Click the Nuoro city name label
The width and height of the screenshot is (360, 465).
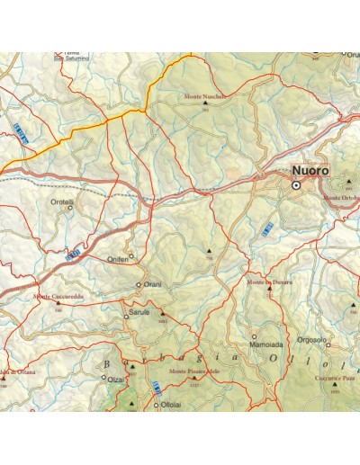tap(310, 171)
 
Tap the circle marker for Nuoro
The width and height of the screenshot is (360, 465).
tap(296, 185)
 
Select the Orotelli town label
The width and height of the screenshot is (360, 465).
tap(62, 201)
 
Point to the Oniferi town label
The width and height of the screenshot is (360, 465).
tap(119, 258)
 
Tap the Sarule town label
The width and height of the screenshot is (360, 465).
tap(138, 314)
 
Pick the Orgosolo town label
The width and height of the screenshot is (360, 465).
tap(310, 340)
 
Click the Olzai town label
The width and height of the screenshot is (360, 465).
tap(115, 380)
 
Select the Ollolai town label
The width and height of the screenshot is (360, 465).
tap(170, 405)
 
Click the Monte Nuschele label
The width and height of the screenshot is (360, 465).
tap(203, 95)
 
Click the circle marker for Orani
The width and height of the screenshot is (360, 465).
tap(139, 285)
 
